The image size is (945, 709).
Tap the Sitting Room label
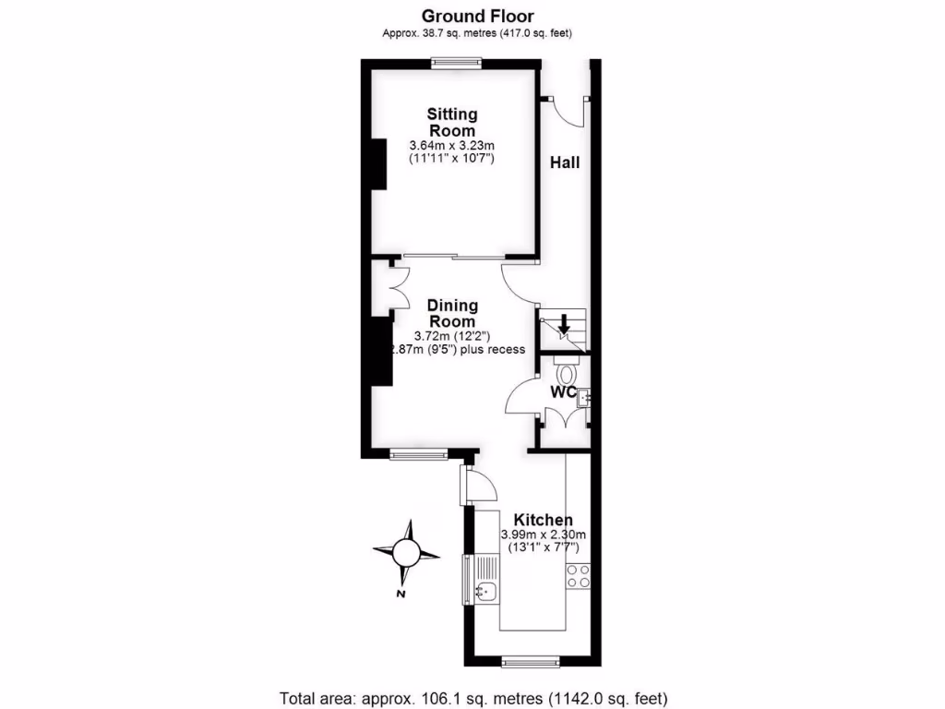(452, 122)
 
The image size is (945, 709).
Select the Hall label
(565, 162)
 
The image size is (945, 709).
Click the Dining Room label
(452, 313)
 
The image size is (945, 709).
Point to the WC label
(564, 392)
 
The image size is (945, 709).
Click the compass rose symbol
(406, 553)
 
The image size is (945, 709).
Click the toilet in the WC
(567, 373)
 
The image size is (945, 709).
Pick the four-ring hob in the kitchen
(579, 576)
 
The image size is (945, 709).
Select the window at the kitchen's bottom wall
(531, 661)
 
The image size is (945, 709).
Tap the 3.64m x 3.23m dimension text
(452, 146)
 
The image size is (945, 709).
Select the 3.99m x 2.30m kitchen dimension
(544, 535)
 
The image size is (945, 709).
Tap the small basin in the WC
(584, 398)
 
